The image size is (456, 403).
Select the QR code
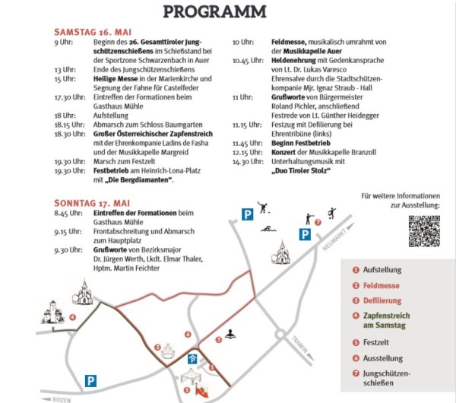tap(424, 231)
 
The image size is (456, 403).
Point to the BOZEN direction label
tap(62, 397)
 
